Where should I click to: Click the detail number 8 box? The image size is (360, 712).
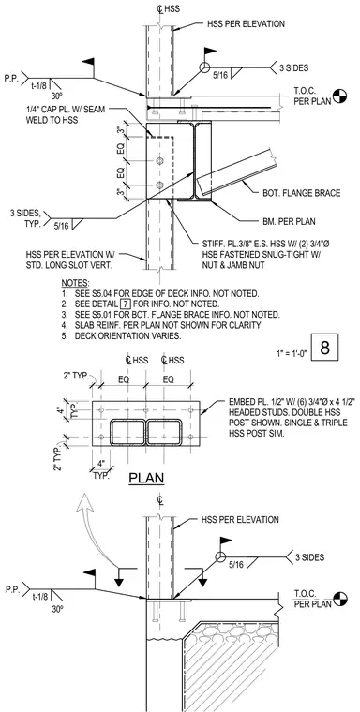(x=324, y=348)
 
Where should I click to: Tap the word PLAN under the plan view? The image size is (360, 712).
(x=146, y=479)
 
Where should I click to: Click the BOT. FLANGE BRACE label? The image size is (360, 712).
(x=301, y=193)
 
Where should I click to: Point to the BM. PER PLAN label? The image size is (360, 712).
(x=285, y=222)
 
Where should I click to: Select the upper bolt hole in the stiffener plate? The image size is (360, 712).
(x=159, y=161)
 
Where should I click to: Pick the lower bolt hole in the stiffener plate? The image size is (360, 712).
(x=159, y=185)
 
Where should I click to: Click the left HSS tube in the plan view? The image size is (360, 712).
(x=127, y=432)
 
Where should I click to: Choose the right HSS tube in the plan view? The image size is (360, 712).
(x=164, y=432)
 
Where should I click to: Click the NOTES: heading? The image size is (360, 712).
(x=75, y=283)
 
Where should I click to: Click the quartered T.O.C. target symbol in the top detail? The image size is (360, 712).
(x=339, y=96)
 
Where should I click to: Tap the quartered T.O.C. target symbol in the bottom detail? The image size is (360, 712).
(x=339, y=599)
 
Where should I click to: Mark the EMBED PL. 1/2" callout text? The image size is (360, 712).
(x=292, y=418)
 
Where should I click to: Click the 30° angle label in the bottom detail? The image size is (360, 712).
(x=57, y=609)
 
